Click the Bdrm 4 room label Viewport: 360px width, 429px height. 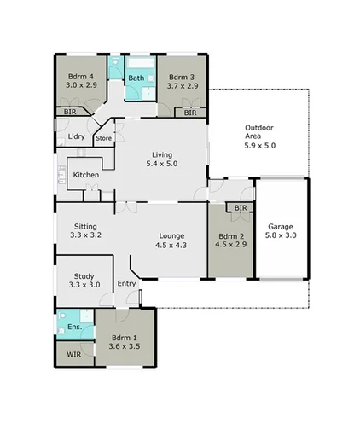[x=80, y=77]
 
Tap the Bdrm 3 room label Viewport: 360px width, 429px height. [x=182, y=77]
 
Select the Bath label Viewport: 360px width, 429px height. [x=136, y=79]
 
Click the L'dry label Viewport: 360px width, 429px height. [x=76, y=136]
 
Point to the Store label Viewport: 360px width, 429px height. [x=103, y=137]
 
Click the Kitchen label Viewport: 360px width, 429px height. [x=86, y=175]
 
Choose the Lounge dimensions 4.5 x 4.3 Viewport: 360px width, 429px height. [x=171, y=245]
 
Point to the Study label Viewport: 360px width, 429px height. [x=84, y=275]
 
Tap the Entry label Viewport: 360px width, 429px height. [x=127, y=284]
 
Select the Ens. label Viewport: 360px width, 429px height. [x=73, y=328]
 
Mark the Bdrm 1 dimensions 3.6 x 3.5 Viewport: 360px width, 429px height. [x=125, y=348]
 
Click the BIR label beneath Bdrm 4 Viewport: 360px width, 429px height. [x=69, y=113]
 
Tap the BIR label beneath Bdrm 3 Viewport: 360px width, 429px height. [x=190, y=113]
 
